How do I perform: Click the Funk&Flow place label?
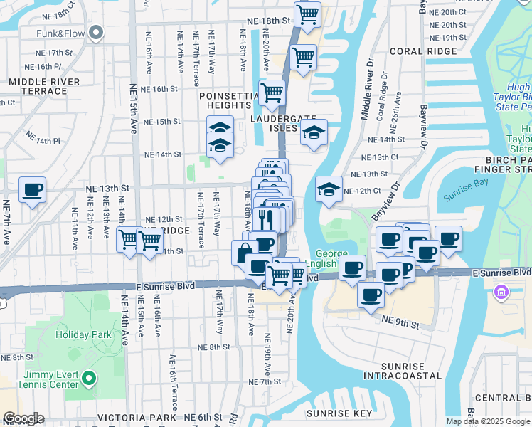pyautogui.click(x=60, y=33)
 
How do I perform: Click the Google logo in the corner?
pyautogui.click(x=23, y=418)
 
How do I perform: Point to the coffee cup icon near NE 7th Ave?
pyautogui.click(x=32, y=190)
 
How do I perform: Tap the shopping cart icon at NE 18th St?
pyautogui.click(x=307, y=14)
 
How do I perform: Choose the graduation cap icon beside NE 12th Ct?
pyautogui.click(x=328, y=189)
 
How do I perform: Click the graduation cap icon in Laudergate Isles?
pyautogui.click(x=313, y=132)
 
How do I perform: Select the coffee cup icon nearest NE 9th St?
pyautogui.click(x=370, y=295)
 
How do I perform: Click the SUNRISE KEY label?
pyautogui.click(x=339, y=413)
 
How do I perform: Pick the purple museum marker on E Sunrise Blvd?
pyautogui.click(x=501, y=291)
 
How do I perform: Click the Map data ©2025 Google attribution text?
pyautogui.click(x=487, y=421)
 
